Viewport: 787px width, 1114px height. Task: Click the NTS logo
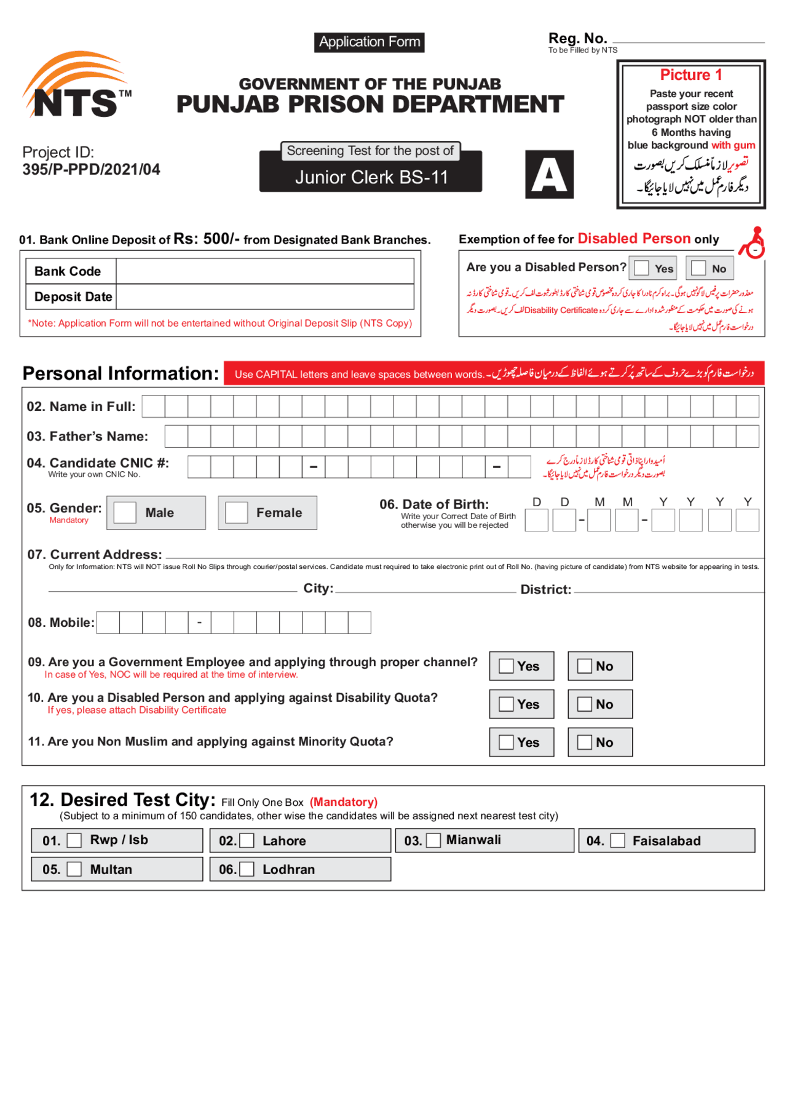[77, 86]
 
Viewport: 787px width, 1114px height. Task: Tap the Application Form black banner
[369, 42]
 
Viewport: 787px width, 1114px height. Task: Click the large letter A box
[549, 175]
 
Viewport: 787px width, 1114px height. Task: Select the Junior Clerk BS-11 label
[371, 177]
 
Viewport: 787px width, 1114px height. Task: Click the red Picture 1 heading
[690, 75]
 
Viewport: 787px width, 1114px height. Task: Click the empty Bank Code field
[264, 271]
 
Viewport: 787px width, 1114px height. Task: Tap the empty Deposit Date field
[264, 296]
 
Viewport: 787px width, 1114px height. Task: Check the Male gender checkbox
[125, 512]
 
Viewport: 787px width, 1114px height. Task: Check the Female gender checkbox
[236, 512]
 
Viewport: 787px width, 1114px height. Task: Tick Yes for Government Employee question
[506, 666]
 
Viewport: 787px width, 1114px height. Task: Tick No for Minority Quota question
[585, 742]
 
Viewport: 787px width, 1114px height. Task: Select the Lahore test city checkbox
[247, 841]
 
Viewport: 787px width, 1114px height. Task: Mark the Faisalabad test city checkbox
[617, 841]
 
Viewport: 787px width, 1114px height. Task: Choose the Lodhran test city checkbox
[247, 869]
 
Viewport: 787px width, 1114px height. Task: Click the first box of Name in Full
[153, 407]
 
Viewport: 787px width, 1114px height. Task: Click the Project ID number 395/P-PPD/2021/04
[91, 170]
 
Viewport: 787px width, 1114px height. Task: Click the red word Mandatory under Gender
[69, 520]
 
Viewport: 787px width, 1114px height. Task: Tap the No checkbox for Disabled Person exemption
[698, 268]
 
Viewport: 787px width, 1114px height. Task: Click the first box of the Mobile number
[108, 623]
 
